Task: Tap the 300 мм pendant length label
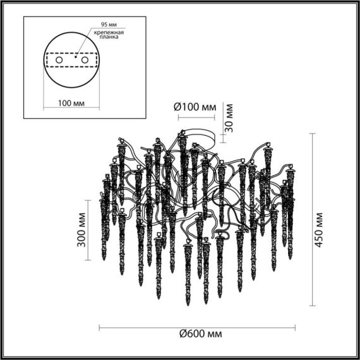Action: tap(81, 230)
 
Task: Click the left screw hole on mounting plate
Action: tap(59, 60)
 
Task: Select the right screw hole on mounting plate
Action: tap(82, 60)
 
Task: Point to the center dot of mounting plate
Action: tap(75, 58)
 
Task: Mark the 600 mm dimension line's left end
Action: tap(100, 327)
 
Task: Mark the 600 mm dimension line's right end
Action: tap(295, 327)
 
